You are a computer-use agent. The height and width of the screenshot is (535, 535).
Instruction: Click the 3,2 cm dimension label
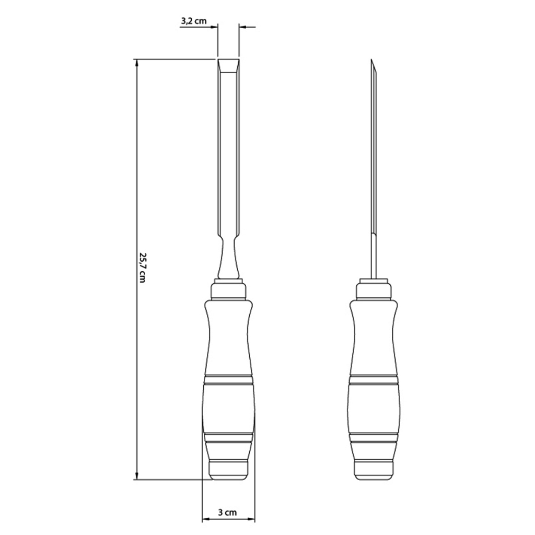point(193,21)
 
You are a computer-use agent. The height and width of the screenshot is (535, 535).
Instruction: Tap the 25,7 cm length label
point(142,267)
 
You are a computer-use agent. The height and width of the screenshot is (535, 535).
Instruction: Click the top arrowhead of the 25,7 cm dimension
point(137,63)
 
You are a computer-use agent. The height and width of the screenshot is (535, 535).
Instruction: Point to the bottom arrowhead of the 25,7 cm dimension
point(137,475)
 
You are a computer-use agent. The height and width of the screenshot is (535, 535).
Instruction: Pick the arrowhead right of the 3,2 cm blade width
point(243,27)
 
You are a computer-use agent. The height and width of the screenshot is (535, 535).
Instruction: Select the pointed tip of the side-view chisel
point(371,60)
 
